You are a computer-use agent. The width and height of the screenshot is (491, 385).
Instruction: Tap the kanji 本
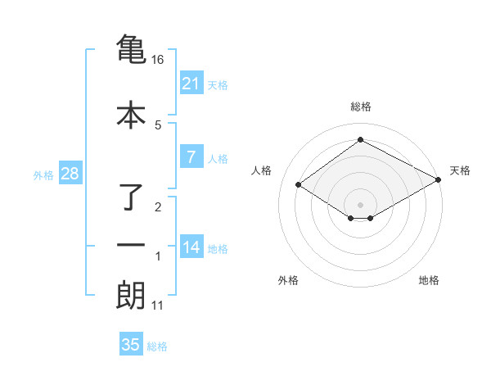click(131, 114)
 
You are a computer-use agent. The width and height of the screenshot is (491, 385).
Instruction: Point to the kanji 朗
click(131, 296)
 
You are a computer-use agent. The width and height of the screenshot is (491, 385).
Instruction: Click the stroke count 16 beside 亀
click(158, 60)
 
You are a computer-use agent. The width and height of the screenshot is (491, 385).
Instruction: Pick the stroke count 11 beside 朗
click(158, 306)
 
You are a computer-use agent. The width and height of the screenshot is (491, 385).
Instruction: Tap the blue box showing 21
click(191, 83)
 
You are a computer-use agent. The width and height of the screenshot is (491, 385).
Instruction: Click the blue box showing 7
click(191, 157)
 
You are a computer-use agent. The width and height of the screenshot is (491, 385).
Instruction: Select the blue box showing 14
click(191, 247)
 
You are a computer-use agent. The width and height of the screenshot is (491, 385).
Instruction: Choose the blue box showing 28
click(70, 174)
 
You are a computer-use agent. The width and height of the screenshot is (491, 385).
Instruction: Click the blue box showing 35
click(131, 345)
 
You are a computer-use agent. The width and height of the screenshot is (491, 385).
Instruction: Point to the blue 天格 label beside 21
click(218, 84)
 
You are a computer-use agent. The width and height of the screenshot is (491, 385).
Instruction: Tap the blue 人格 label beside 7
click(218, 159)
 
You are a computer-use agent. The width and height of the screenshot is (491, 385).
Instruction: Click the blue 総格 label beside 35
click(157, 346)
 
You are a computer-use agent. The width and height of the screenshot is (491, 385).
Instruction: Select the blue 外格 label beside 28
click(43, 175)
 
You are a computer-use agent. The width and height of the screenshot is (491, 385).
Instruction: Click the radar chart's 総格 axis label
click(361, 106)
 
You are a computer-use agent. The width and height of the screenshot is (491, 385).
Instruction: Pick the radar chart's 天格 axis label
click(460, 170)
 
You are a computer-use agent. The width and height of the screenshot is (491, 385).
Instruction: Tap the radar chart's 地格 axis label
click(429, 280)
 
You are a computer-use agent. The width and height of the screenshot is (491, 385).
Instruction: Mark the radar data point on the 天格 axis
click(439, 180)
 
